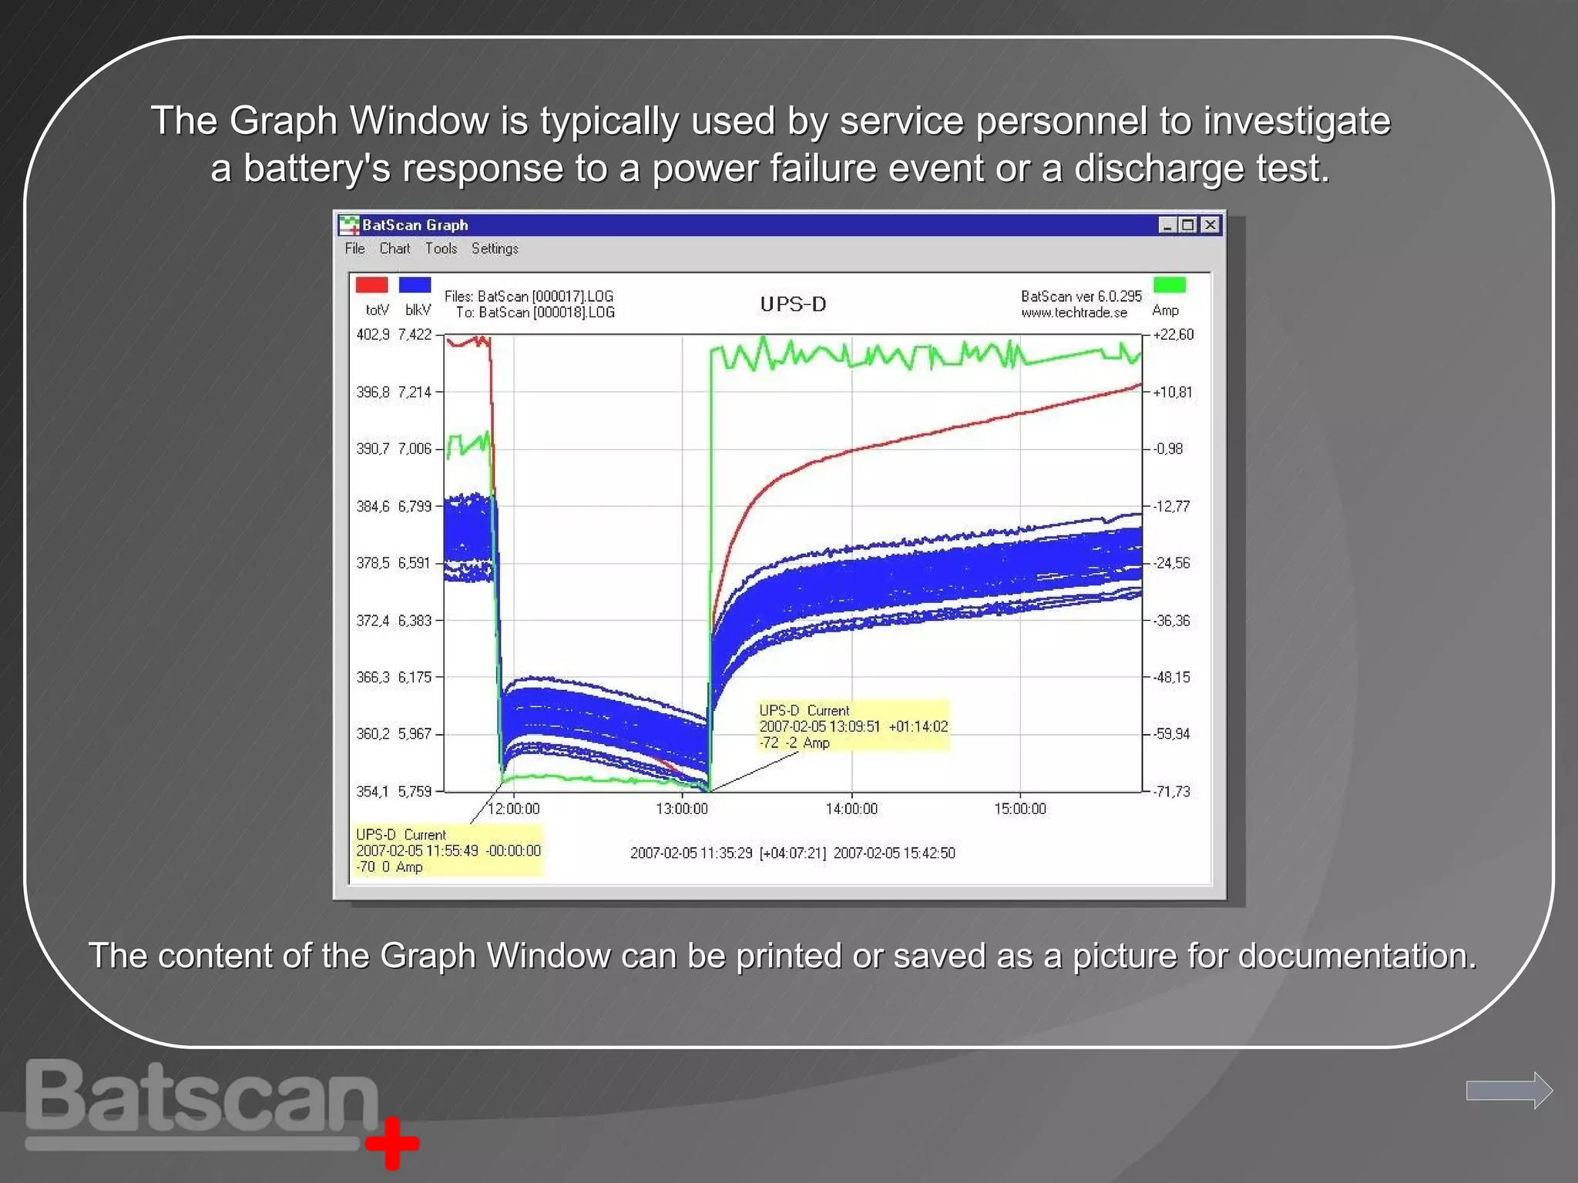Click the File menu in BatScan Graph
(354, 249)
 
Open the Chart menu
(394, 249)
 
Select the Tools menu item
(441, 249)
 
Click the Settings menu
(495, 249)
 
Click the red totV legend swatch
(371, 286)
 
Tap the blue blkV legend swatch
(415, 286)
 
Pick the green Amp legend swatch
(1169, 286)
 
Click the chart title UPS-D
(793, 304)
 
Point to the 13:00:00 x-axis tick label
(682, 809)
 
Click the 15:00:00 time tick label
(1020, 809)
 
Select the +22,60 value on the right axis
(1173, 335)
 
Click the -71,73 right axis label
(1171, 792)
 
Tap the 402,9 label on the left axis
(373, 335)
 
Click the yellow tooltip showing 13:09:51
(854, 726)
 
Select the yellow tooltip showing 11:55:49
(448, 851)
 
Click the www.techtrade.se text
(1074, 313)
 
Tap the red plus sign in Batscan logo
(392, 1143)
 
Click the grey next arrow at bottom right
(1509, 1090)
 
